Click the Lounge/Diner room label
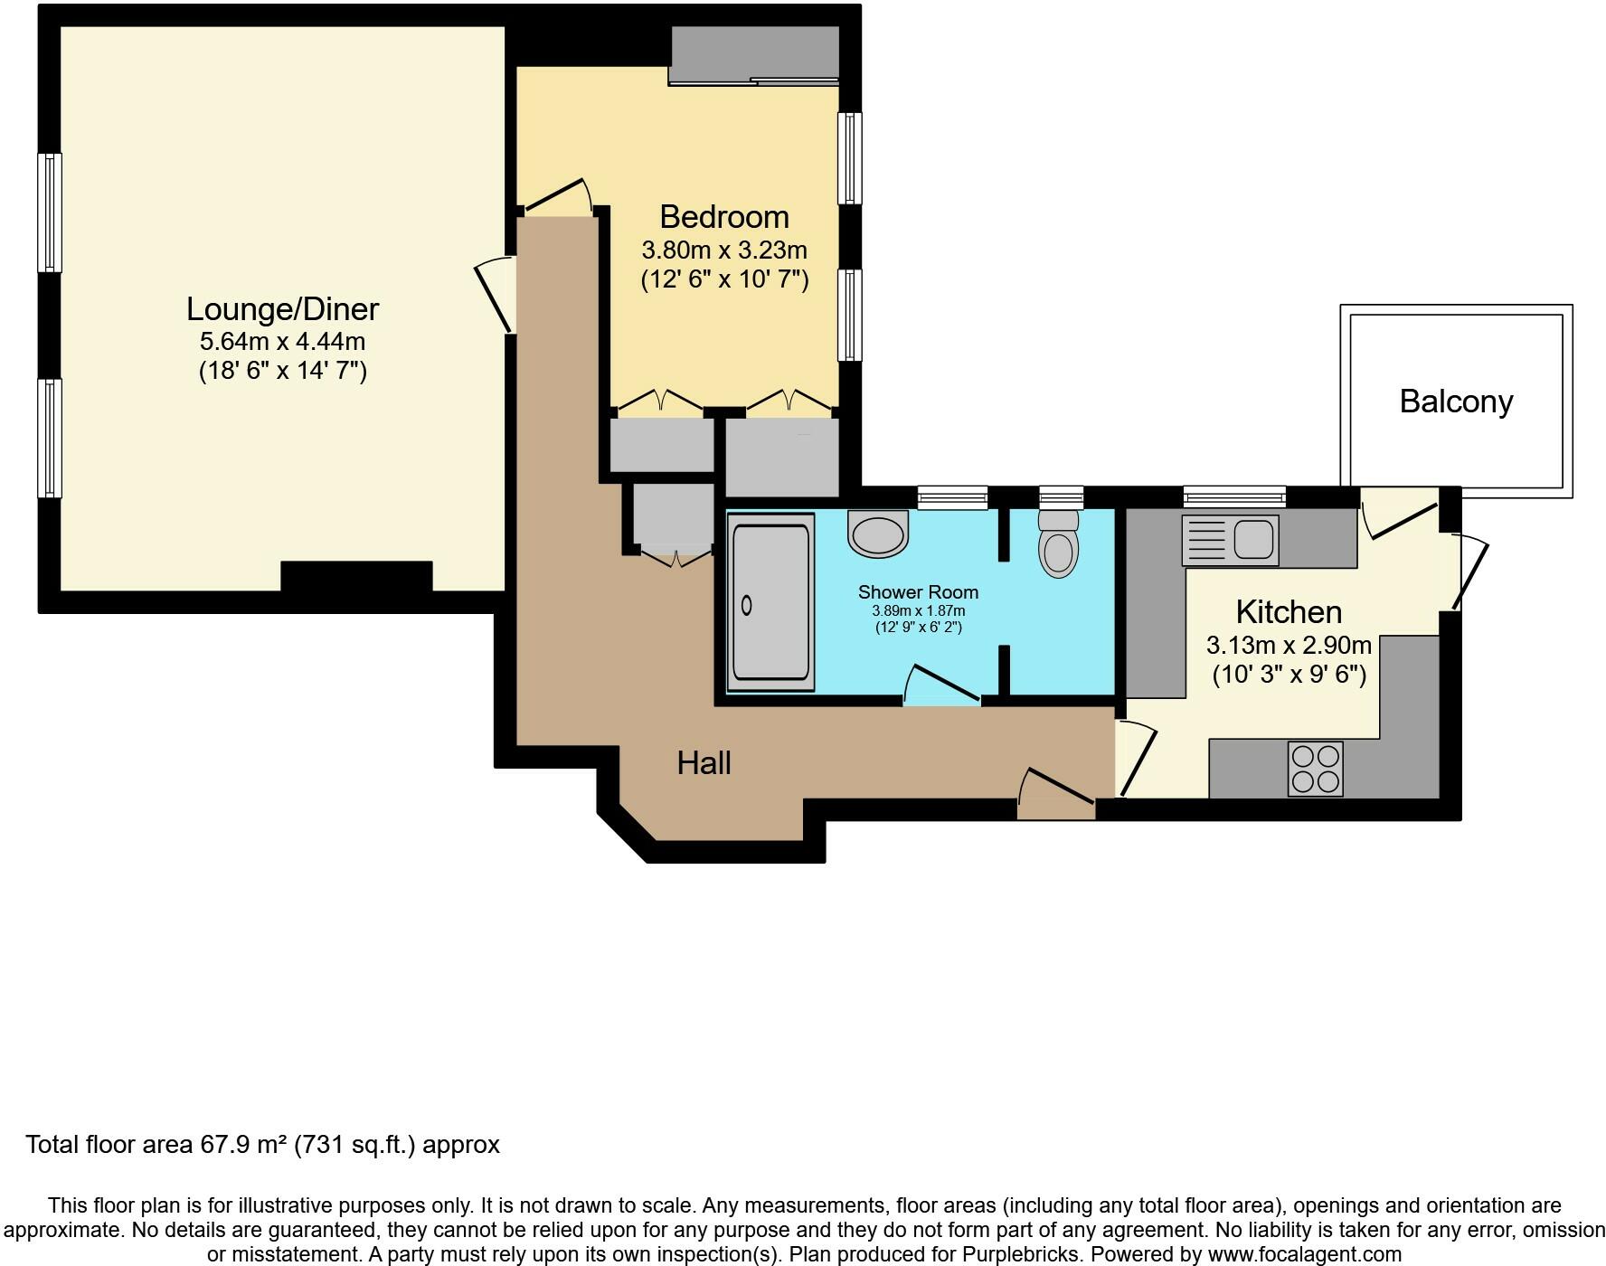(282, 309)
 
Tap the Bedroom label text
(724, 217)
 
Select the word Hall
(704, 763)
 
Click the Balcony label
(1456, 402)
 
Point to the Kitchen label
(1289, 612)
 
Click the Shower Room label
(918, 592)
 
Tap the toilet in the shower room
(1059, 543)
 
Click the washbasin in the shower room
(877, 534)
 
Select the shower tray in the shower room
(770, 602)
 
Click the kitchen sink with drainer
(1230, 540)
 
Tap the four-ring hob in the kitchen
(1316, 769)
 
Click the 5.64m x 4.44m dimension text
(282, 342)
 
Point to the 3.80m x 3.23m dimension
(724, 250)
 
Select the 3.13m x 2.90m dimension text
(1289, 646)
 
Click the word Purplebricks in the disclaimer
(1024, 1255)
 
